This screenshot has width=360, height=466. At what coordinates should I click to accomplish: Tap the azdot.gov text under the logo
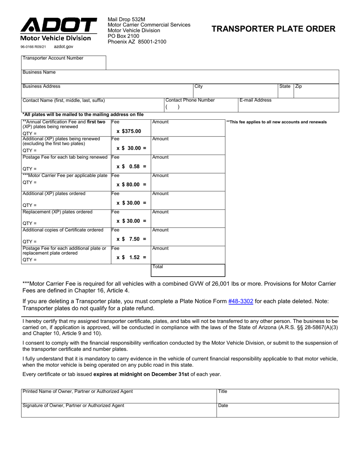click(x=64, y=47)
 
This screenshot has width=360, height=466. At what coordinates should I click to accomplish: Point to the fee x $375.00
click(x=129, y=131)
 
